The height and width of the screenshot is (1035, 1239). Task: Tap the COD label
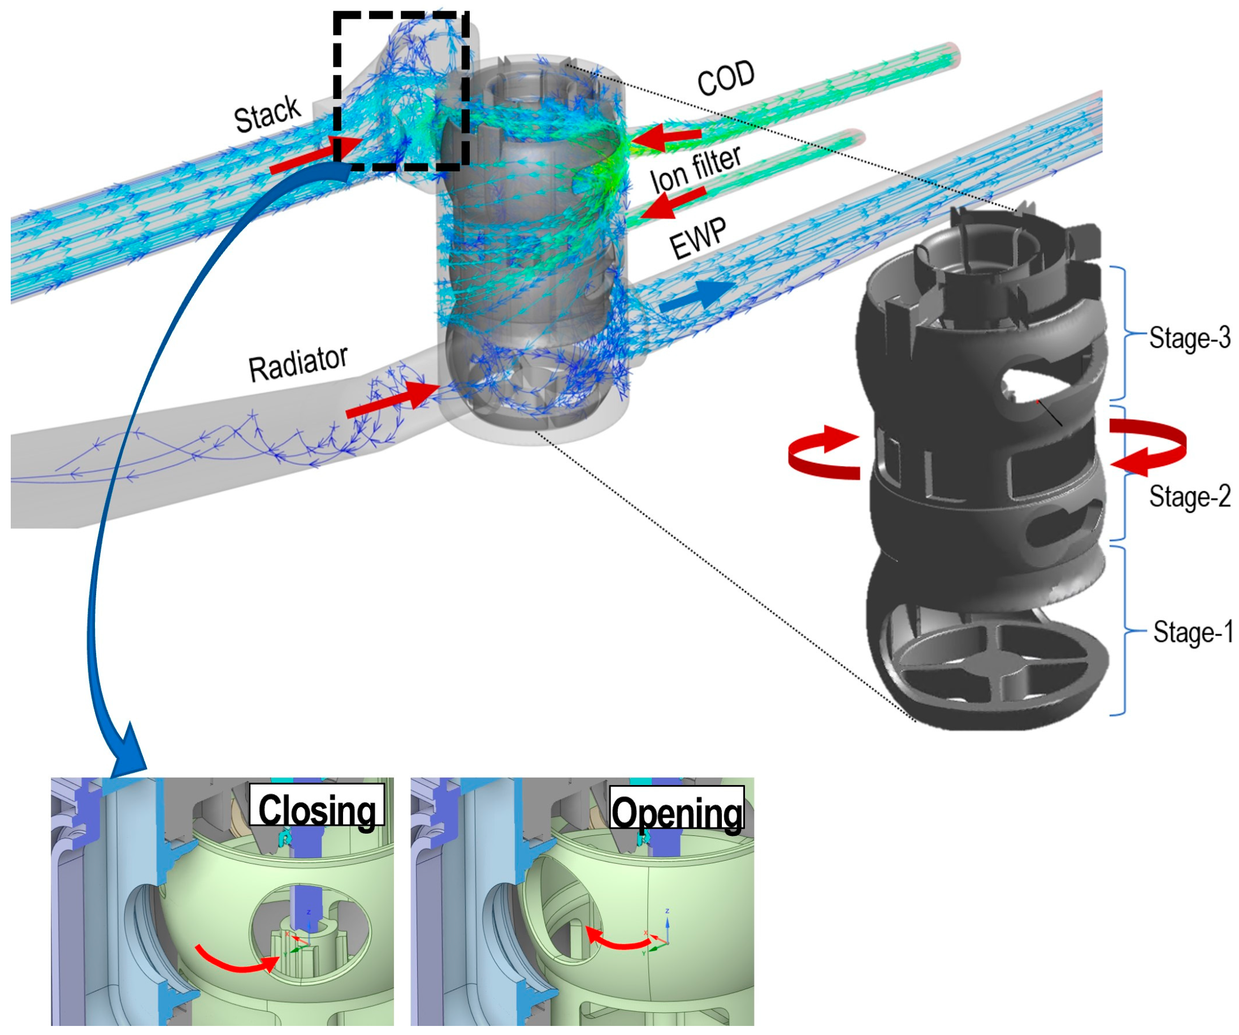click(x=725, y=78)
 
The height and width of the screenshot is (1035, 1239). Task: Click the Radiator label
click(x=298, y=364)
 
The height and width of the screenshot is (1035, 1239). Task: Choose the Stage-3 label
click(x=1189, y=338)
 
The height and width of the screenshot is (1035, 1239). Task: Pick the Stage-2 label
click(x=1189, y=496)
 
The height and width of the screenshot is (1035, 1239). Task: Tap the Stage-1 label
click(x=1192, y=632)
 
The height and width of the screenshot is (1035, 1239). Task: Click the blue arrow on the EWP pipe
click(x=696, y=296)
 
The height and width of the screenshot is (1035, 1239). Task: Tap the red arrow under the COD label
click(x=667, y=137)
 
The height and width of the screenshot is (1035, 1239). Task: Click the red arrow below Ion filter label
click(x=673, y=202)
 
